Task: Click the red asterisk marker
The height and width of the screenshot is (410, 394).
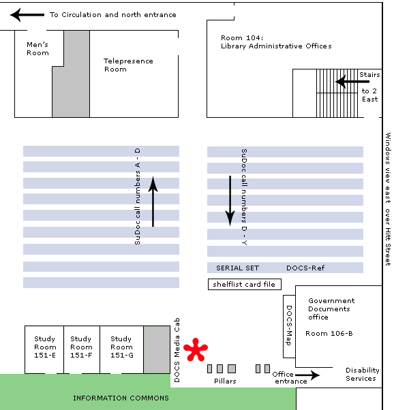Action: coord(196,349)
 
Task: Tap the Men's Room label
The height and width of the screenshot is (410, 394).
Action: coord(37,48)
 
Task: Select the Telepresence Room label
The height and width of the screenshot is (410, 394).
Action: coord(128,65)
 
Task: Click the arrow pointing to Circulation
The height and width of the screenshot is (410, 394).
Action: coord(27,15)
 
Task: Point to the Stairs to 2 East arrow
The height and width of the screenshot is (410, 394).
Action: coord(352,82)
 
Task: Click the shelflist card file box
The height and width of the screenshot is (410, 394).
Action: coord(245,284)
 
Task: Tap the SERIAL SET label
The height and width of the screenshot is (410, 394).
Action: coord(237,268)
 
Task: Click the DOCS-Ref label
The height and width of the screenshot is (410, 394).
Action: coord(305,268)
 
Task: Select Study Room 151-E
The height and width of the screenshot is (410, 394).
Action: coord(44,347)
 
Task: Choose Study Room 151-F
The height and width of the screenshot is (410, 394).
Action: coord(81,347)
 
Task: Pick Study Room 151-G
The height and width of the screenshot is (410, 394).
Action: coord(122,347)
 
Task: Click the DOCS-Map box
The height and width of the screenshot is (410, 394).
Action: coord(289,326)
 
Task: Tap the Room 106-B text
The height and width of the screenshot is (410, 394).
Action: coord(329,334)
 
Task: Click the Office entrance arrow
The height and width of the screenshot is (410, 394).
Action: coord(307,375)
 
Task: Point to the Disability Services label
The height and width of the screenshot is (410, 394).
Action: coord(362,374)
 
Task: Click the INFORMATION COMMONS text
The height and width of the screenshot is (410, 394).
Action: coord(121,398)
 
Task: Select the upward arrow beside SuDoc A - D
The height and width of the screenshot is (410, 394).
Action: coord(153,202)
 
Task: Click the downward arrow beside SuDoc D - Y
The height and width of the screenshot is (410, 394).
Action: coord(230,201)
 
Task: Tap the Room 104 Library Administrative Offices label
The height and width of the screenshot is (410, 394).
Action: coord(276,42)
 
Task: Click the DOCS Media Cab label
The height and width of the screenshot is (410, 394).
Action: coord(177,350)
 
